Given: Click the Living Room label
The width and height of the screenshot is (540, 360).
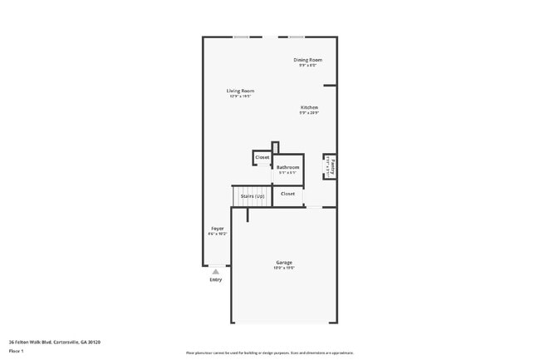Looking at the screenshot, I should coord(241,91).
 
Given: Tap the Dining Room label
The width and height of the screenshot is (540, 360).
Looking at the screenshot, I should coord(307,60).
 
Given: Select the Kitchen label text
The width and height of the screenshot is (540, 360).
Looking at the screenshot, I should coord(309,107).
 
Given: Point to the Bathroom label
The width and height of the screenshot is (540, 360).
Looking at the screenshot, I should coord(287,167).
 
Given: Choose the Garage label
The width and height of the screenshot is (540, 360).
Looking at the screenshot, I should coord(284,262).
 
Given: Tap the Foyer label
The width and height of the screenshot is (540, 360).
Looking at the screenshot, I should coord(217,228).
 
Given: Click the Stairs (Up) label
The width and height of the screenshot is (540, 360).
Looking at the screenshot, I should coord(253,196).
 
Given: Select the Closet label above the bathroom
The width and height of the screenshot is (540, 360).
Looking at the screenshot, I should coord(262,157).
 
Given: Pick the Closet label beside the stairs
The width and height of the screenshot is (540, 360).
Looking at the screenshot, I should coord(287,194).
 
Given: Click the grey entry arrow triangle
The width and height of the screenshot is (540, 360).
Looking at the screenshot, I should coord(216,271).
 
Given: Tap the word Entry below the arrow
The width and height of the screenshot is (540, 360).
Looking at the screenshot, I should coord(216,279).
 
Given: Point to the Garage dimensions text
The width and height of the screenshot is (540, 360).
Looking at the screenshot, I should coord(284,268).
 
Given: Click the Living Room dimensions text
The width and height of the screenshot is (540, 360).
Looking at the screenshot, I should coord(241,96).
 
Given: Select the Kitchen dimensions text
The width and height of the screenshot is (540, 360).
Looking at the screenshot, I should coord(309,113).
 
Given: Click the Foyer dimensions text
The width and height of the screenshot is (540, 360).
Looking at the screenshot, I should coord(217,234).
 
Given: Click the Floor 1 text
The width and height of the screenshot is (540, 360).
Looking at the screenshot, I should coord(16,351).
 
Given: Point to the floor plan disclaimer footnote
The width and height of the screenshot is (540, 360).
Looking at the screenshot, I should coord(269,353).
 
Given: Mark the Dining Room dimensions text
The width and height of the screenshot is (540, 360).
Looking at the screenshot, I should coord(307,66).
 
